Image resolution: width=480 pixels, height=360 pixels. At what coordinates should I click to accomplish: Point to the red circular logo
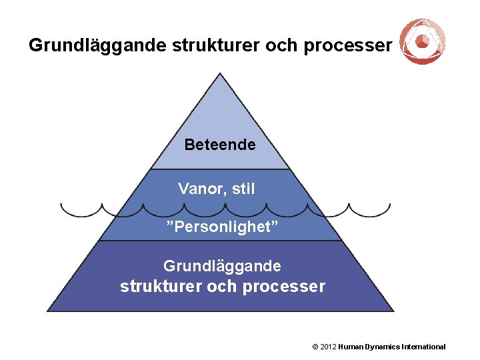pos(423,41)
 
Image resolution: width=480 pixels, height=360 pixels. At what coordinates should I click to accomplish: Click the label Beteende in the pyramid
pos(220,144)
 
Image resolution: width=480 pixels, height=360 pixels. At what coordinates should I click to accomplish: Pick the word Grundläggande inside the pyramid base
pos(222,266)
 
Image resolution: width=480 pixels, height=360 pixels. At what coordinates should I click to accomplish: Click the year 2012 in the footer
pos(328,347)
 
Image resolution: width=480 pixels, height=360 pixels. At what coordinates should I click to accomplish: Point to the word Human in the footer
pos(351,347)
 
